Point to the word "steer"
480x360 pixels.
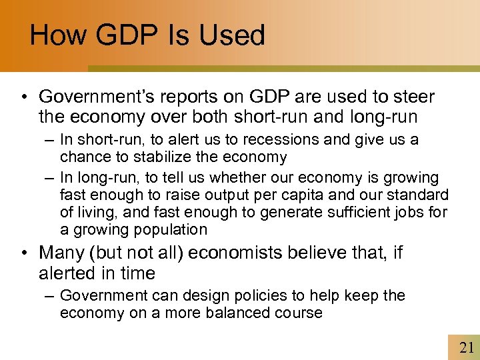[415, 97]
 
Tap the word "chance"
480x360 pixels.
[81, 157]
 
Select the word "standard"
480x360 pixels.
[420, 195]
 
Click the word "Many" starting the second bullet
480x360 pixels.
[61, 253]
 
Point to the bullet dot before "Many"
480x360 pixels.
[25, 254]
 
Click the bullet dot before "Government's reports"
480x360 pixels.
[25, 98]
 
